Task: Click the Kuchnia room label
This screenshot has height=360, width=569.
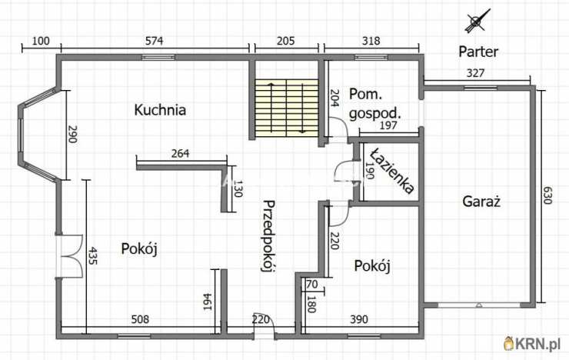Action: (x=160, y=110)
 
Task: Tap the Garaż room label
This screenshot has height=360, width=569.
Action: (x=481, y=202)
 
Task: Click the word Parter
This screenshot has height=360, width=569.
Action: (x=478, y=52)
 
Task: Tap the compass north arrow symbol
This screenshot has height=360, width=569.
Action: (x=477, y=21)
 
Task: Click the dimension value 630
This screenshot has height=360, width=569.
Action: (x=548, y=195)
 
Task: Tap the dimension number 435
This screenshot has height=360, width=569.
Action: (x=93, y=256)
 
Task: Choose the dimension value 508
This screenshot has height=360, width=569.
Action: (x=138, y=319)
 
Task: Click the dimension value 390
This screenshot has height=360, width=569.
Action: (x=359, y=319)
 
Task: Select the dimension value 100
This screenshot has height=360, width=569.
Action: (x=41, y=41)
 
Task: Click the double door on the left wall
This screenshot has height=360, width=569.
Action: (x=70, y=255)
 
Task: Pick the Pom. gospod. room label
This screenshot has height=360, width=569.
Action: (x=374, y=104)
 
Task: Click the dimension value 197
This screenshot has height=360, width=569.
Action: (x=388, y=126)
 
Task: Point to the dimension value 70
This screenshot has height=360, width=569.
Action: (x=311, y=285)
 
